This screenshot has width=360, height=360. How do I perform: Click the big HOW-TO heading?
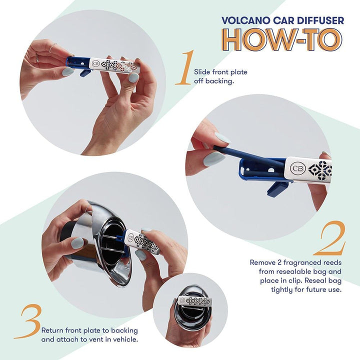pyautogui.click(x=282, y=39)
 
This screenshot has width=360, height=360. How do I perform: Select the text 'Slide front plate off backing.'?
pyautogui.click(x=220, y=76)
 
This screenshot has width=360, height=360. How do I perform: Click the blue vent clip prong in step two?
pyautogui.click(x=276, y=189)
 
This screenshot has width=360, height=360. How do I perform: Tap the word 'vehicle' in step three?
pyautogui.click(x=124, y=339)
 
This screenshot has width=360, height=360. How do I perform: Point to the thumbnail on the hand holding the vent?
pyautogui.click(x=77, y=243)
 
